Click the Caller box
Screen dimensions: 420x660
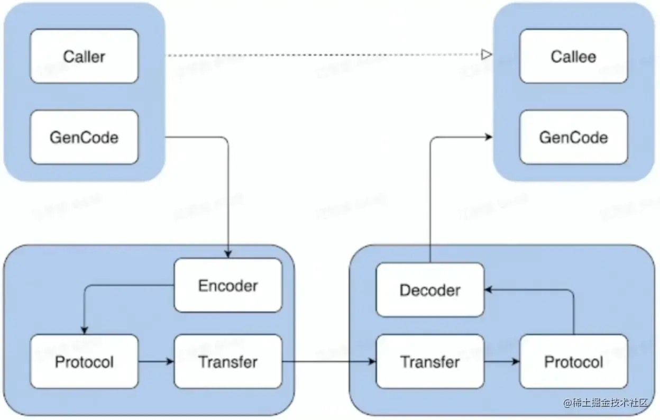(x=84, y=56)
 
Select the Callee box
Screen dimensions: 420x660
(x=573, y=56)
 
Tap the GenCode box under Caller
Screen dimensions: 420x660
(x=84, y=137)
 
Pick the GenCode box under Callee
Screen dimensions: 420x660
(x=573, y=137)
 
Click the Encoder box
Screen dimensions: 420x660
(x=228, y=285)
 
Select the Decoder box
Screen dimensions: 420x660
(x=429, y=290)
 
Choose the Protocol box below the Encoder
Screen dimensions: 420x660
(x=84, y=362)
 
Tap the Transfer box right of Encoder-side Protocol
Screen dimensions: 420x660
(x=228, y=362)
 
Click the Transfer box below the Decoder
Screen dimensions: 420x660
(x=429, y=362)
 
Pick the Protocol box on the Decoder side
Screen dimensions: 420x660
(x=573, y=362)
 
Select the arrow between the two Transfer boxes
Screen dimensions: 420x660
(x=328, y=362)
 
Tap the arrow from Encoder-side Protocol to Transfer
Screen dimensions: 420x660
(x=155, y=362)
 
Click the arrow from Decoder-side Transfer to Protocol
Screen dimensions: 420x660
(x=501, y=362)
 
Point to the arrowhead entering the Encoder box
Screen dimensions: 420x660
(x=228, y=254)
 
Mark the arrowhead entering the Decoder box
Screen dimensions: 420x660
(x=489, y=289)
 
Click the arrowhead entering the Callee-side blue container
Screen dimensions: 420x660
(x=489, y=137)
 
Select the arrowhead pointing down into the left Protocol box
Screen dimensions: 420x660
(x=84, y=331)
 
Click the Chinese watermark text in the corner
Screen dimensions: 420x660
(x=606, y=403)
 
